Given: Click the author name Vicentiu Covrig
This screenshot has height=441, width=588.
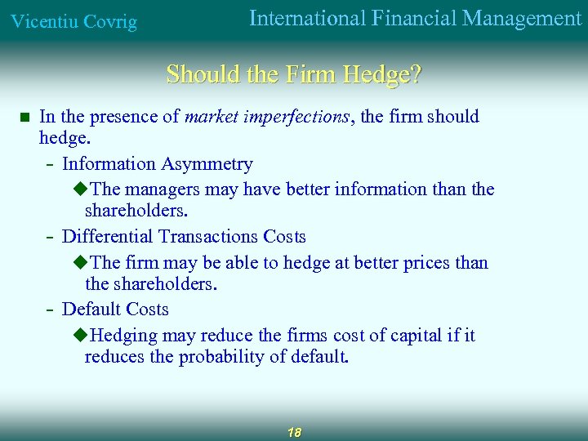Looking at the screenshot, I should coord(73,22).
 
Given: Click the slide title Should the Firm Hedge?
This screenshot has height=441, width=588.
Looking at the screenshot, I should coord(294,74).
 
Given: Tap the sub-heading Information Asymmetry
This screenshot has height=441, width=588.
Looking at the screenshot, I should coord(158,164).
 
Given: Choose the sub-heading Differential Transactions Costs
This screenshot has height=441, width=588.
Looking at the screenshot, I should coord(184,237).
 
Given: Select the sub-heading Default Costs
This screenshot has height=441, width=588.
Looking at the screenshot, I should coord(115,310).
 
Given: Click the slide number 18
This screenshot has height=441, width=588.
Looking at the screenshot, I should coord(294,432).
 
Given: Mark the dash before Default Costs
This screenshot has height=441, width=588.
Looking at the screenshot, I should coord(51,310).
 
